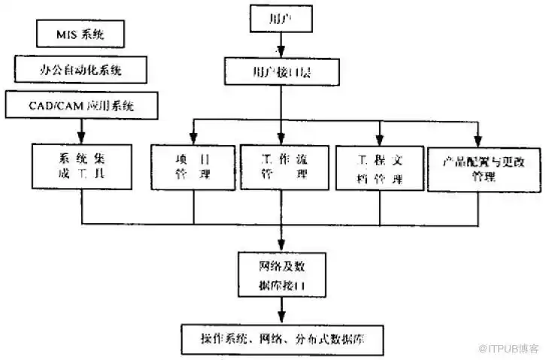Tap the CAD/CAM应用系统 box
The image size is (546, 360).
(82, 104)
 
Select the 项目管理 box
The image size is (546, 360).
(193, 167)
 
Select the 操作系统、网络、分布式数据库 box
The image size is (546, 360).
(281, 335)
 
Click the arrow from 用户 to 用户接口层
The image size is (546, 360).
(281, 46)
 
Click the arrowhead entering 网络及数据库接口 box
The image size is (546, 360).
(281, 246)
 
